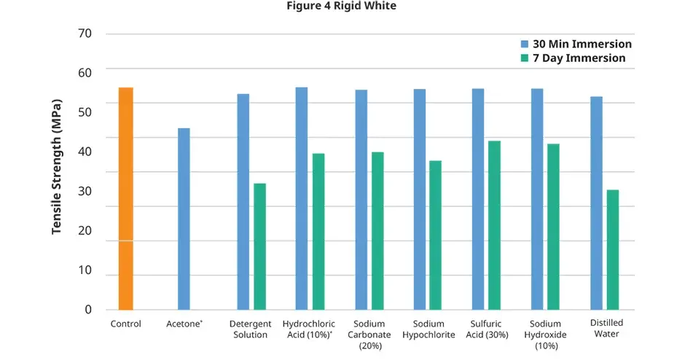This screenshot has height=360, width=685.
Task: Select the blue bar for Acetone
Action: pos(184,219)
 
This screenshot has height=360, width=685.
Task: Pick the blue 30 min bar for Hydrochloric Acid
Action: pos(301,198)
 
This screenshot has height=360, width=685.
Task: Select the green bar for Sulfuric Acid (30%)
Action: pos(494,225)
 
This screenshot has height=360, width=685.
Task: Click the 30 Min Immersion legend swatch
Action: pos(525,44)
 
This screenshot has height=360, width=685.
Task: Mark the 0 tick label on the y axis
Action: pos(88,310)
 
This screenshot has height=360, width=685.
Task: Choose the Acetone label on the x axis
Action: pos(184,324)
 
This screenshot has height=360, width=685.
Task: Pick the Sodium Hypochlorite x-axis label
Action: pos(434,329)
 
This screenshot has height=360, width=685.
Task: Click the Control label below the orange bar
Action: pos(125,324)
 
